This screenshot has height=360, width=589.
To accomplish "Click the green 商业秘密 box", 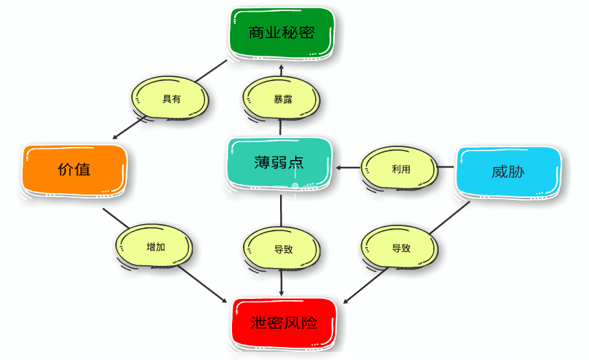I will point(281,32).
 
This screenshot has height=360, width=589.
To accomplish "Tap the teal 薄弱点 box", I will point(279,162).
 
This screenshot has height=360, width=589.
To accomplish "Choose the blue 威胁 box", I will point(508,171).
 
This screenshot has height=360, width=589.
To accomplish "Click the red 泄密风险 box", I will point(284,322).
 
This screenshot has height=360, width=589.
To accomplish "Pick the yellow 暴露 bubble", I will point(282,99).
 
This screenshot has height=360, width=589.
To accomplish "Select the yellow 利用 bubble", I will point(400,169).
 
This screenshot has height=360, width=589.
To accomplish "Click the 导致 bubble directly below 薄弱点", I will point(282,249).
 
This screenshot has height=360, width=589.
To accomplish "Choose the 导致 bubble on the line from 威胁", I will point(400,248).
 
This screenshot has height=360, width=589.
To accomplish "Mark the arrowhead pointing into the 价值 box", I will point(115,136).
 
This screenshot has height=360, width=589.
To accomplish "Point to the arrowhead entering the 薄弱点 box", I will point(338,167).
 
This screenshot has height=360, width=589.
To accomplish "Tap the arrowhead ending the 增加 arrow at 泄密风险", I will point(224,300).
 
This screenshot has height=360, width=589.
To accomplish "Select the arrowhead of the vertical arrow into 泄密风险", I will point(281,295).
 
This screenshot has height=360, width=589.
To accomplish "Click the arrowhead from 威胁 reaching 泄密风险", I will point(346,300).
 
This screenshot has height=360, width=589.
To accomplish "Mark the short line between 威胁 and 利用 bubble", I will point(446,167).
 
